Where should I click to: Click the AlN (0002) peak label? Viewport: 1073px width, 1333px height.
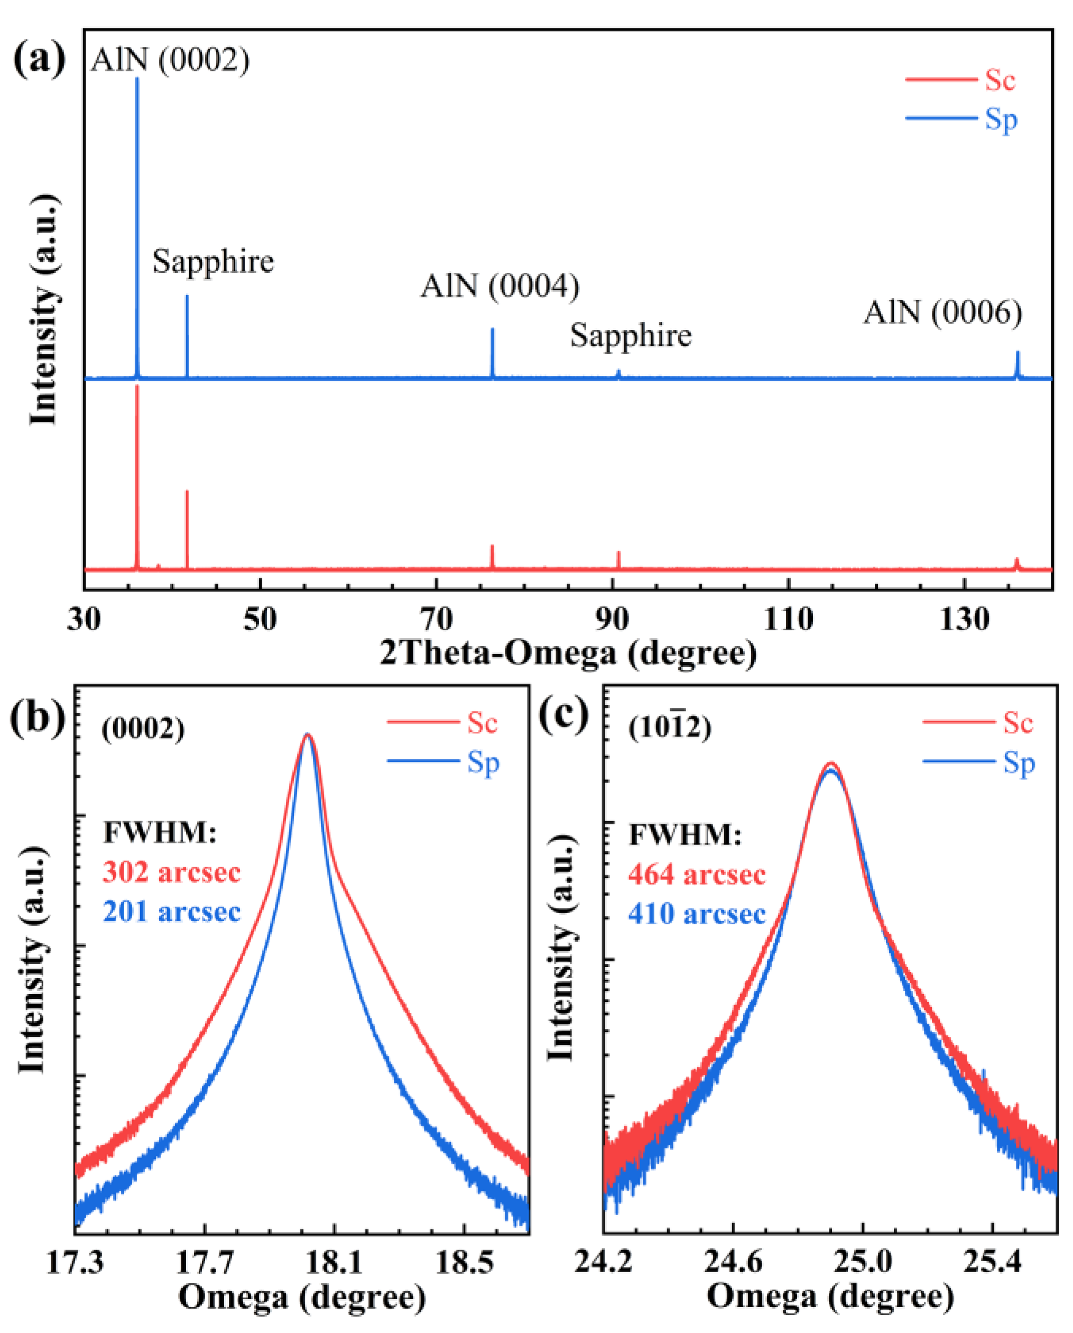pyautogui.click(x=170, y=60)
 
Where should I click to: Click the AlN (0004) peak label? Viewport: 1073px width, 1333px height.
pyautogui.click(x=500, y=286)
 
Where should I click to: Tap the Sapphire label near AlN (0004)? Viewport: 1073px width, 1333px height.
pyautogui.click(x=631, y=336)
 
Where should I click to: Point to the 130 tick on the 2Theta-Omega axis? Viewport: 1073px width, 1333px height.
pyautogui.click(x=964, y=619)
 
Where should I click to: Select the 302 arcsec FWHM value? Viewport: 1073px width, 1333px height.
pyautogui.click(x=171, y=872)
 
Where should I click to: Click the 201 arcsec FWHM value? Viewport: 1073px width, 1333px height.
pyautogui.click(x=171, y=912)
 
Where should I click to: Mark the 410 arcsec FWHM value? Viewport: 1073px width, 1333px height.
pyautogui.click(x=697, y=914)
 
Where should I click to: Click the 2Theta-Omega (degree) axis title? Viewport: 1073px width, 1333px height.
pyautogui.click(x=568, y=653)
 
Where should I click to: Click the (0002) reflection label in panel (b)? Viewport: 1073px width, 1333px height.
pyautogui.click(x=143, y=730)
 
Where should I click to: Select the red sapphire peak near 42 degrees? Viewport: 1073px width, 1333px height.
pyautogui.click(x=187, y=529)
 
